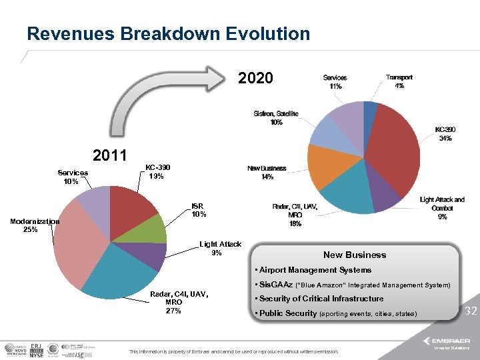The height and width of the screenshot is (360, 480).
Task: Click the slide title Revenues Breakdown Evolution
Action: [168, 33]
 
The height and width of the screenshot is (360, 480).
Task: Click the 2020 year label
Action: [255, 78]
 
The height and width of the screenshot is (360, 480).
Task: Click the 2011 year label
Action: [110, 155]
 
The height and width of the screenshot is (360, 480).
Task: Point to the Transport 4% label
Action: [399, 81]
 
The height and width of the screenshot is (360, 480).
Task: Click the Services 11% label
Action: [335, 81]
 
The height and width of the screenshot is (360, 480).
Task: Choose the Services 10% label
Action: [72, 177]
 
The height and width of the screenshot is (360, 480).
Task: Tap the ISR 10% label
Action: [199, 210]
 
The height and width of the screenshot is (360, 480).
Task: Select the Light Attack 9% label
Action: [220, 248]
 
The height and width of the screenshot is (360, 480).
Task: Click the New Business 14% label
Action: [267, 173]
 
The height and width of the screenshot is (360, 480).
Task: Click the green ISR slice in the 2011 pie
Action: [152, 230]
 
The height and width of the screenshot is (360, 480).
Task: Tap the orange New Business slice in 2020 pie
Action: [325, 167]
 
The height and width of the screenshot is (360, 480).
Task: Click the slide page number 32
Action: [470, 311]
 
